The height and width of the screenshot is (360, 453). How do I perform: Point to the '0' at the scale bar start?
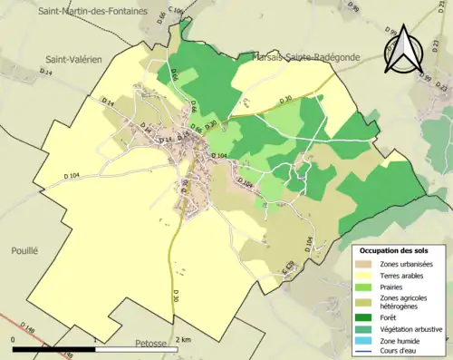click(13, 338)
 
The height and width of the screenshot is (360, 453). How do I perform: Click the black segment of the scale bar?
click(54, 346)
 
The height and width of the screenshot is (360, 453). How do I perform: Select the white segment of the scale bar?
click(136, 346)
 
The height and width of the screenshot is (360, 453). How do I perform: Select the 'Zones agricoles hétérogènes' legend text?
click(408, 303)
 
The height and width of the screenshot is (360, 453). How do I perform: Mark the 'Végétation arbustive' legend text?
click(411, 330)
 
